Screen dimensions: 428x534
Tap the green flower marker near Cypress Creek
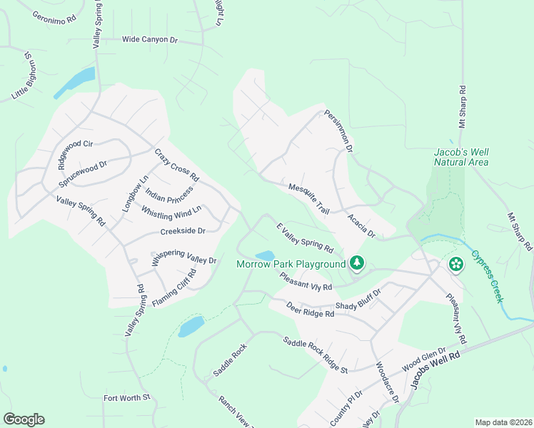pos(456,265)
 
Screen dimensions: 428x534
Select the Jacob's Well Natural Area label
pos(461,157)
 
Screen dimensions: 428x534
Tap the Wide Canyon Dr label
pos(149,40)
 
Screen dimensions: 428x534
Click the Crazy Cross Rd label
pos(176,165)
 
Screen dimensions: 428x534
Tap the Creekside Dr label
pos(183,231)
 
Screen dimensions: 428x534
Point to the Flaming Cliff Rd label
pos(173,287)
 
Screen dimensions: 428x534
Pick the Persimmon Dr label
pos(338,131)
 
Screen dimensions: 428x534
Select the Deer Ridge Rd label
pos(310,310)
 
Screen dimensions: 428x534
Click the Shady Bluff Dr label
pos(358,300)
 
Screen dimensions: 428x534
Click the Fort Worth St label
pos(127,397)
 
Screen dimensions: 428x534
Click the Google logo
pos(24,419)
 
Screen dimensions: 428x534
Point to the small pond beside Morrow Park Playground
pos(264,255)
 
